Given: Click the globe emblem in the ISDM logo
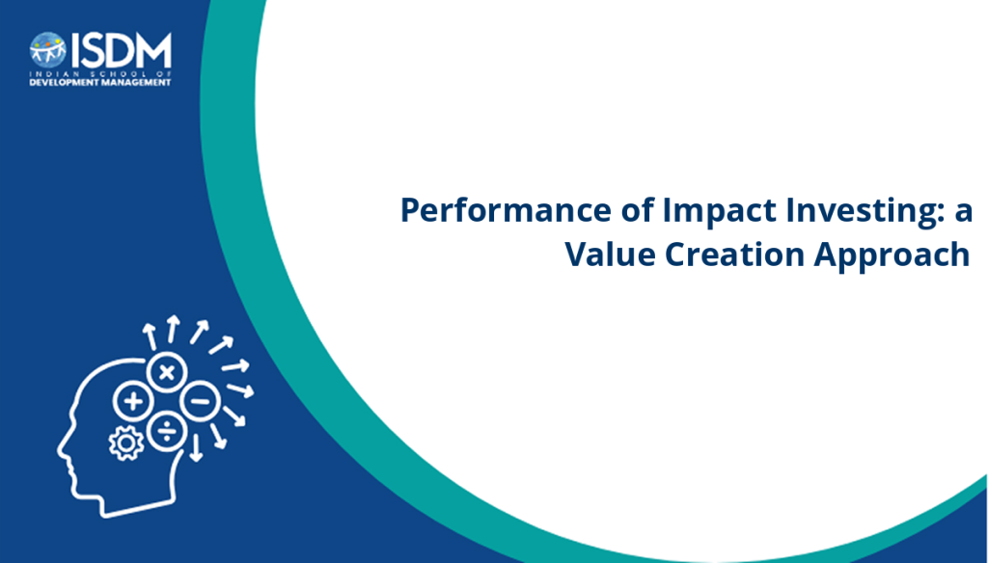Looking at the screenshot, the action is click(x=48, y=50).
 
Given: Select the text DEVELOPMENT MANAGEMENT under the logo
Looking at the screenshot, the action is click(x=100, y=83).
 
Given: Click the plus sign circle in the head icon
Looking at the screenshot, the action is click(x=133, y=401).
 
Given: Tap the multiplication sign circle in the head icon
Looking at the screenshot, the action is click(x=167, y=372).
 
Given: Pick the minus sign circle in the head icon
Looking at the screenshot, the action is click(x=201, y=401).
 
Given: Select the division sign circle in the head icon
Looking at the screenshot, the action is click(x=167, y=431).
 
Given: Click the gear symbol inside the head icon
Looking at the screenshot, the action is click(x=126, y=443).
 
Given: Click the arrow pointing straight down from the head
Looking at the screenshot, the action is click(x=196, y=447).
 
